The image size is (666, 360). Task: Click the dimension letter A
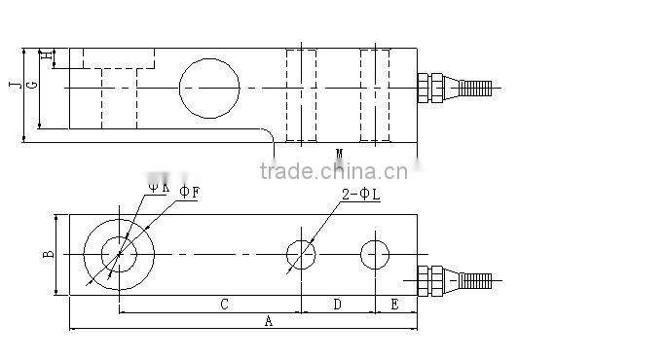269,320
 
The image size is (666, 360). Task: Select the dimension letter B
48,255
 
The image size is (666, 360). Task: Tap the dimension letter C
224,305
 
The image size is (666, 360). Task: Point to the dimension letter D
337,305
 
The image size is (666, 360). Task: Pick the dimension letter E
394,305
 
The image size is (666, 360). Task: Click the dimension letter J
13,86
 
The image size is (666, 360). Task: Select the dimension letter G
31,86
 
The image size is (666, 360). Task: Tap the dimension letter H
44,56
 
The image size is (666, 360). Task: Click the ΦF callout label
189,193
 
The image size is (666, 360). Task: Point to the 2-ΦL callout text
360,196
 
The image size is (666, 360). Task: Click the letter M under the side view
339,154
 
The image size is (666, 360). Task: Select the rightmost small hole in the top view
375,254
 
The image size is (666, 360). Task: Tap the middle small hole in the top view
301,255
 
